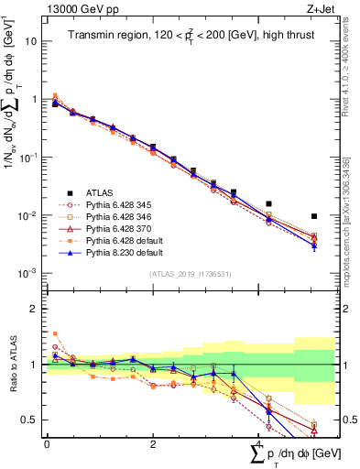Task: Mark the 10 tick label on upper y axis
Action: point(30,41)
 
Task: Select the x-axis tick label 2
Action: point(153,443)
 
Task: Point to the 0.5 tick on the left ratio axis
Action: point(31,420)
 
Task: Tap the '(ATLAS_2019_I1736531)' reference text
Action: point(190,274)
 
